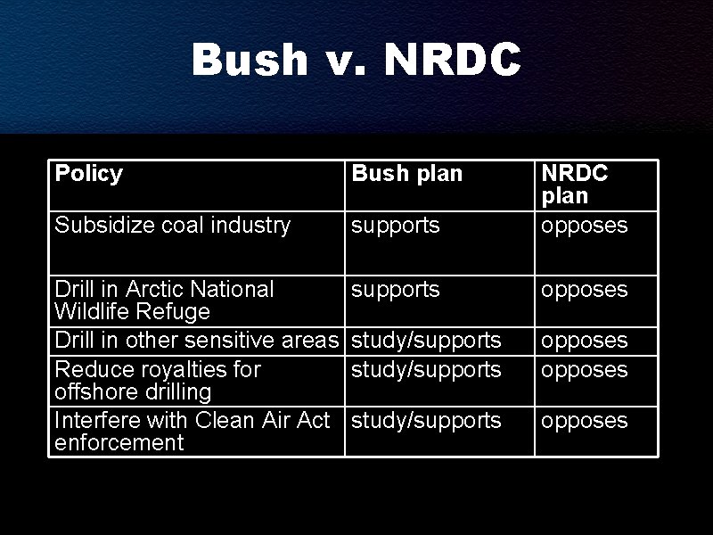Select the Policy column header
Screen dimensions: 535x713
[89, 173]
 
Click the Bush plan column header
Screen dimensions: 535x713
[407, 174]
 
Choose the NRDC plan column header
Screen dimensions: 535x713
[575, 184]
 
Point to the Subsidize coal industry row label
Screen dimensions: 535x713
[173, 226]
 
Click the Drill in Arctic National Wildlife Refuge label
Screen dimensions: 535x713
[164, 300]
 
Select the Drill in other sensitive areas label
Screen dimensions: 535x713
[197, 341]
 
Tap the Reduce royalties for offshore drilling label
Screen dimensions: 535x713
[158, 381]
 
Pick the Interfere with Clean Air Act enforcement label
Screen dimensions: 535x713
[193, 432]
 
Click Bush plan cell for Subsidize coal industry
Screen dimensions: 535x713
[396, 226]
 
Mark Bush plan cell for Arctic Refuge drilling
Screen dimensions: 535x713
[396, 290]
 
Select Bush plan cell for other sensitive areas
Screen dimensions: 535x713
[426, 341]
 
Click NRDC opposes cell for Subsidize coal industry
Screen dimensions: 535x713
[585, 226]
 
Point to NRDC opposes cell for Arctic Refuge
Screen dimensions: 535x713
[585, 290]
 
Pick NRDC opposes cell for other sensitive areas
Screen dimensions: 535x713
[585, 341]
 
